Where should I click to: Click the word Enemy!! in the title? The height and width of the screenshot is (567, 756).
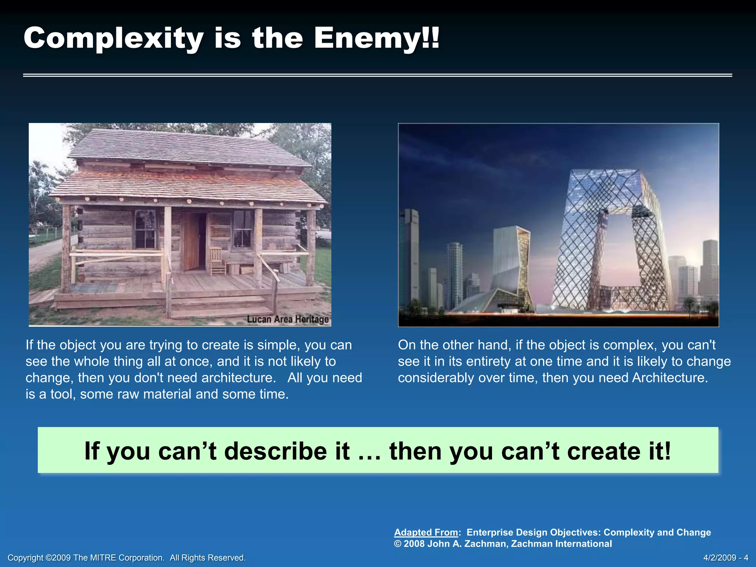(x=377, y=38)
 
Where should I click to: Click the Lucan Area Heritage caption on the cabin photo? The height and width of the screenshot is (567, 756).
(x=288, y=319)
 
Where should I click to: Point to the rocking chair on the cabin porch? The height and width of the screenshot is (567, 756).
(x=217, y=261)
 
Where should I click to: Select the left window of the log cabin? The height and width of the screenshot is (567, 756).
(x=145, y=229)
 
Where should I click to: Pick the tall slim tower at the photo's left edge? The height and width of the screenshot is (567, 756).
(x=410, y=258)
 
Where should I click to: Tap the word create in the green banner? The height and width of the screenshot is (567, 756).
(x=605, y=451)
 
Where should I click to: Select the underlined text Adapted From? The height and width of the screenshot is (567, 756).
(x=426, y=532)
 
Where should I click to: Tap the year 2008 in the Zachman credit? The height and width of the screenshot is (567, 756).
(x=414, y=544)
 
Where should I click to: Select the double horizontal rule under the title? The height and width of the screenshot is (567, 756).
(x=377, y=75)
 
